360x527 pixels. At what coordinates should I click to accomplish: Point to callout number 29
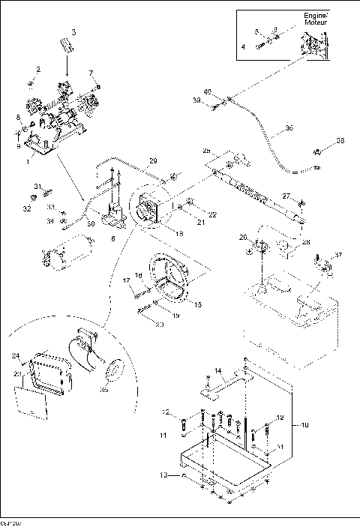[152, 161]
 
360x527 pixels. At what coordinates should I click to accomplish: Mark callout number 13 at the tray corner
[163, 475]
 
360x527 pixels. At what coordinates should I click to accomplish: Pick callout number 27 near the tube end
[286, 196]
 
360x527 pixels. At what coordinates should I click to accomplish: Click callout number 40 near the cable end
[208, 91]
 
